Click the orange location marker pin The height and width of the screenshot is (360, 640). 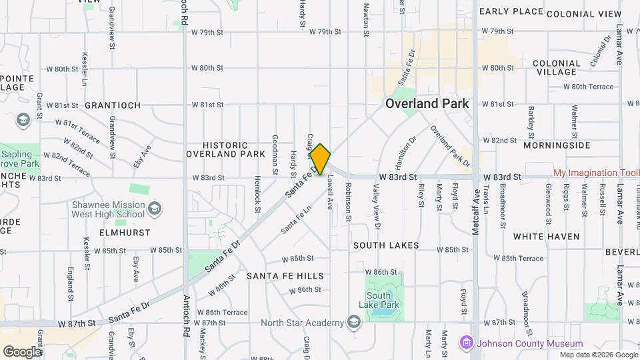click(321, 159)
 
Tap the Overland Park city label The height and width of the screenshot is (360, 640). click(427, 104)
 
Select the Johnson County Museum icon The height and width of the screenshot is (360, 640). click(466, 343)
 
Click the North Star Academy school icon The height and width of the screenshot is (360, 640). click(354, 323)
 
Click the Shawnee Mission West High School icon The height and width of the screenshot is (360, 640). click(154, 209)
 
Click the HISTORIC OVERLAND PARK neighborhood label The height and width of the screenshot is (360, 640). click(225, 149)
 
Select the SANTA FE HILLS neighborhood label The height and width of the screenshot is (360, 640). click(285, 276)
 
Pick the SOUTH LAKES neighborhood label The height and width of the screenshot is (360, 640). click(386, 245)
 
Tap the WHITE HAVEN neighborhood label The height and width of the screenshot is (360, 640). click(546, 237)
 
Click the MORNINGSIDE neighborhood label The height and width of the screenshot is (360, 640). click(557, 145)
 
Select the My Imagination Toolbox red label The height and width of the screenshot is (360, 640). click(596, 173)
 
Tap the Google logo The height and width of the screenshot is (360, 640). click(22, 351)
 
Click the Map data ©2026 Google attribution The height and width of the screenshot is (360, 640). click(598, 355)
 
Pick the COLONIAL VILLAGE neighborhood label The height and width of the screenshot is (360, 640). click(555, 67)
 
